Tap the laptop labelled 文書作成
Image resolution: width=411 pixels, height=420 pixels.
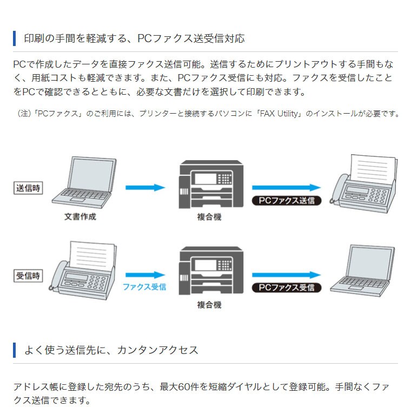pos(84,182)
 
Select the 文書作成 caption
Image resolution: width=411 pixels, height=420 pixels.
pos(80,217)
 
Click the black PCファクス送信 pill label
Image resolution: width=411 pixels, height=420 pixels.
pos(287,200)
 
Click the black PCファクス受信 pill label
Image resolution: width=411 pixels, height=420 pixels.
pos(287,287)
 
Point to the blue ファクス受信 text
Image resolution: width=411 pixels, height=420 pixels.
pos(144,287)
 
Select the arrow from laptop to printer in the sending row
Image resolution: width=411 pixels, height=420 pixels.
pos(145,187)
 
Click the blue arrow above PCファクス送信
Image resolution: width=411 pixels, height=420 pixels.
pos(287,187)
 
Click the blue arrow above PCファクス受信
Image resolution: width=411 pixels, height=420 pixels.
pos(287,275)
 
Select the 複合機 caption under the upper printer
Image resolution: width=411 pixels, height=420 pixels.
pos(209,217)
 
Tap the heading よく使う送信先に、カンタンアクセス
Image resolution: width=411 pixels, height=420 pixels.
pos(111,350)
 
